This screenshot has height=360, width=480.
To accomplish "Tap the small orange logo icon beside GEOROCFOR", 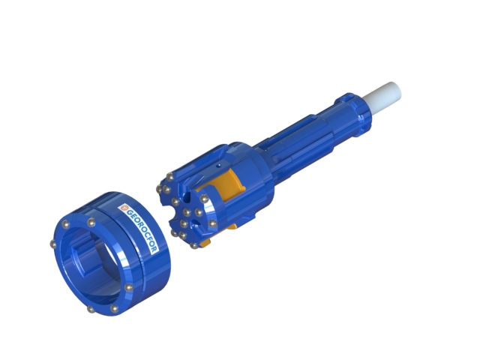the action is coord(124,208).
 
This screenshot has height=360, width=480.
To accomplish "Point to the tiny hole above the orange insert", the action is coord(217,165).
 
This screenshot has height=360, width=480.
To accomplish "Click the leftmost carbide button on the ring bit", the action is coord(53,244).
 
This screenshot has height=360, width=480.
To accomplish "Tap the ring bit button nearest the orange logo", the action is coord(91,222).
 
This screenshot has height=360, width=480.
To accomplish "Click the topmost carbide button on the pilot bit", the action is coord(169,177).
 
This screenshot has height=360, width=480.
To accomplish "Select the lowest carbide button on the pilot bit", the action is coord(193,246).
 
